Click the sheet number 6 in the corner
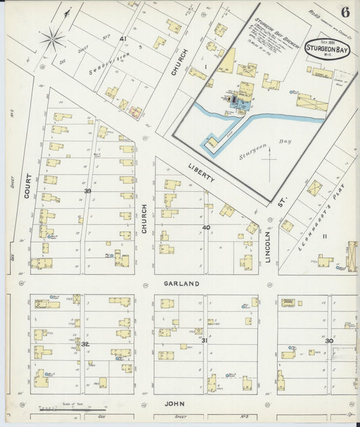point(345,11)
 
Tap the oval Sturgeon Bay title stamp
point(328,48)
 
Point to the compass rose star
point(53,39)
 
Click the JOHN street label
point(175,403)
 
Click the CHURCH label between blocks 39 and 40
point(144,219)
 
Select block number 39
point(87,191)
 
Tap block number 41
point(123,39)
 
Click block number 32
point(84,345)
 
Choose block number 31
point(204,341)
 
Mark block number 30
point(329,341)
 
